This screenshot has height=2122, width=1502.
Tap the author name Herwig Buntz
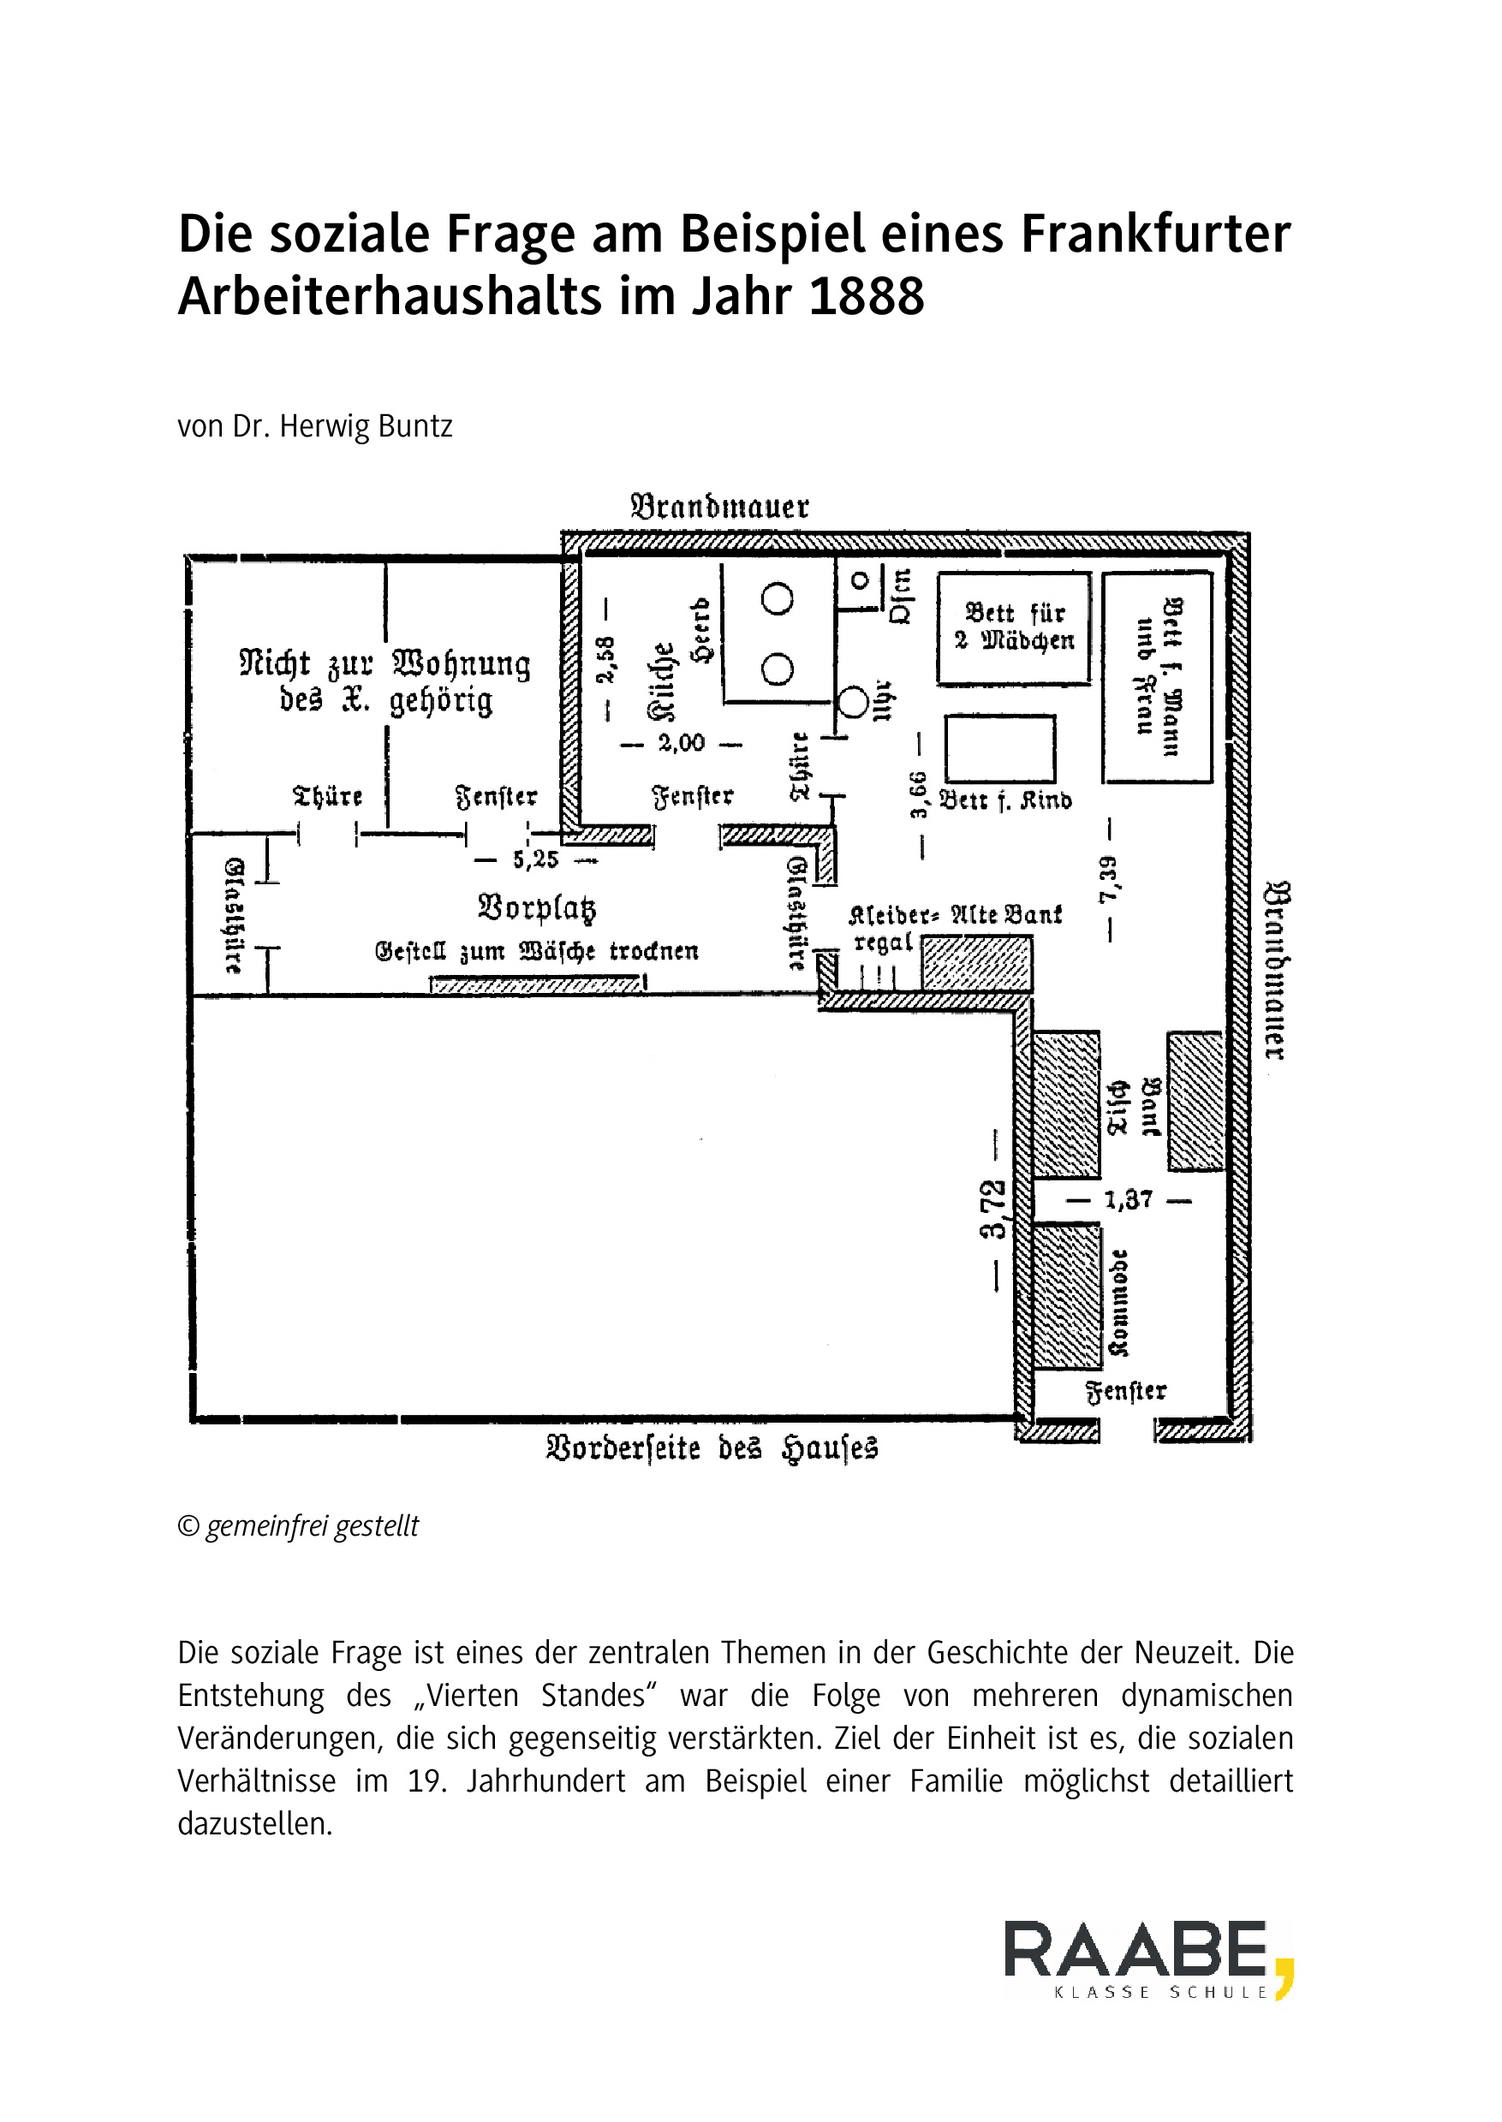click(x=366, y=426)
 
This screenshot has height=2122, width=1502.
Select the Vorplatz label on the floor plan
click(x=536, y=908)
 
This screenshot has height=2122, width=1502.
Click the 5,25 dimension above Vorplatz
click(x=535, y=860)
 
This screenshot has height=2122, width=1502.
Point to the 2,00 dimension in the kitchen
click(x=682, y=742)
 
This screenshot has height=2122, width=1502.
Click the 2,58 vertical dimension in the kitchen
click(x=605, y=659)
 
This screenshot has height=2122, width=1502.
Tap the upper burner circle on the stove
click(x=777, y=598)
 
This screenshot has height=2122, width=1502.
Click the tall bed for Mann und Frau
click(x=1157, y=678)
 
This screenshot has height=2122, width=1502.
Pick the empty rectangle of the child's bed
click(x=1000, y=748)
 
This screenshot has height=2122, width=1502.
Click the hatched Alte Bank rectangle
click(x=977, y=964)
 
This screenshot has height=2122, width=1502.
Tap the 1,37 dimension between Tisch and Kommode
click(x=1129, y=1200)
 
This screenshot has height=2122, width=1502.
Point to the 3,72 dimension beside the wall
click(x=994, y=1210)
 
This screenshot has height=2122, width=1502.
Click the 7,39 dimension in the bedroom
click(x=1109, y=880)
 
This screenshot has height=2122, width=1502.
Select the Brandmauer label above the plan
click(x=719, y=507)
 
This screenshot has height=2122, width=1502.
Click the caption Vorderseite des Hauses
click(x=712, y=1448)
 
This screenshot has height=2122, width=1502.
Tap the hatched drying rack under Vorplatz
click(x=536, y=985)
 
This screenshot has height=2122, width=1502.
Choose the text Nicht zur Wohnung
click(x=384, y=665)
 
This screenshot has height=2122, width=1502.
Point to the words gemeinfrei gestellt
click(x=312, y=1525)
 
